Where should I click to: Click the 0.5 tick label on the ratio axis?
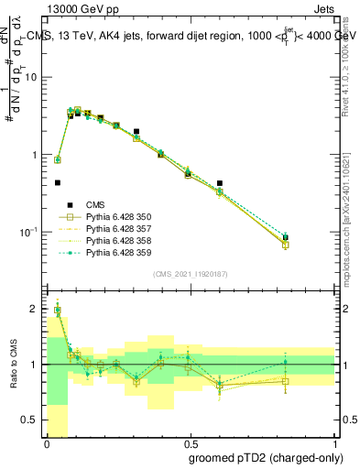[32, 420]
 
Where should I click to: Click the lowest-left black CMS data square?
[58, 182]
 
